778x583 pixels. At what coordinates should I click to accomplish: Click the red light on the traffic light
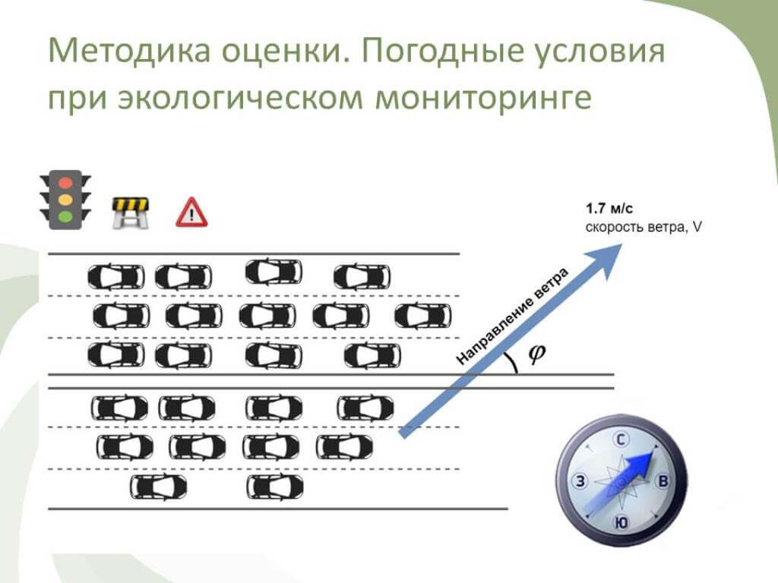point(65,183)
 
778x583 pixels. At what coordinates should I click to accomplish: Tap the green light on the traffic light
point(65,216)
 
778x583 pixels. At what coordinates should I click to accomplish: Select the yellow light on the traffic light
point(65,200)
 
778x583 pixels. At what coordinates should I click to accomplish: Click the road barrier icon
point(131,213)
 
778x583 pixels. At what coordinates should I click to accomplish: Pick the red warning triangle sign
point(191,213)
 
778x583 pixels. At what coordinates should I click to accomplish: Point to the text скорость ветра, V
point(643,226)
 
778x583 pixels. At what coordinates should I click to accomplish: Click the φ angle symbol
point(536,354)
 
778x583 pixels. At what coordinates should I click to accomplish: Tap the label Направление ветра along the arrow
point(512,317)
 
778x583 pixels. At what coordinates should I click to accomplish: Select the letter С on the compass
point(621,440)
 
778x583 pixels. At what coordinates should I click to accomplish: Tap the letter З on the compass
point(580,481)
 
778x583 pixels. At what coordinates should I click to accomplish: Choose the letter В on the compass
point(663,481)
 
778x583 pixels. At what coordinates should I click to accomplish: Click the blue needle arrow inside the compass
point(638,466)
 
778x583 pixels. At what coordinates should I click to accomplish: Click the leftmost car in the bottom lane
point(158,487)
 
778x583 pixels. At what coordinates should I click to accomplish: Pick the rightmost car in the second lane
point(423,315)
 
